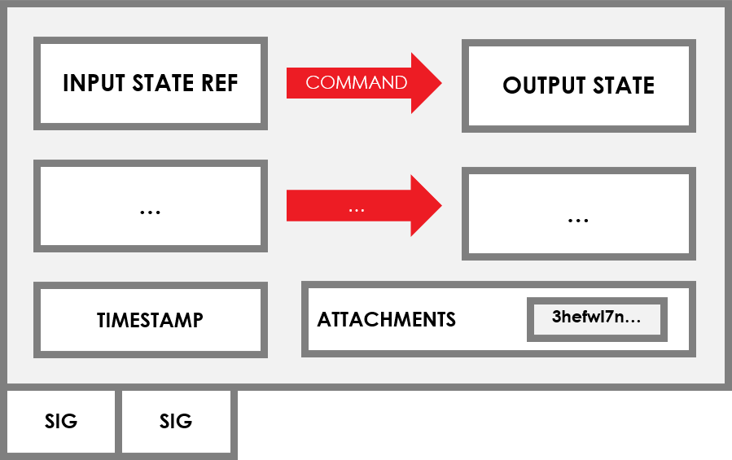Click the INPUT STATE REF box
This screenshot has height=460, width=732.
coord(151,83)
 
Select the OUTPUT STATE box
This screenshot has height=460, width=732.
coord(579,85)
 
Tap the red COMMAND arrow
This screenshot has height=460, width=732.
coord(362,82)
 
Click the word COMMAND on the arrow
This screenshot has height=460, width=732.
coord(356,82)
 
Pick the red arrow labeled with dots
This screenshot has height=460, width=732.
coord(362,207)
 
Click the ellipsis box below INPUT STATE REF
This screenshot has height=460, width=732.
coord(151,207)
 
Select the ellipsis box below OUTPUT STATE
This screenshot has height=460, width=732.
coord(579,214)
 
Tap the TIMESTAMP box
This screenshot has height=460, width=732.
coord(151,320)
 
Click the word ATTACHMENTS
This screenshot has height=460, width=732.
coord(387,319)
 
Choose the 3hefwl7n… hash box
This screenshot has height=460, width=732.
coord(597,318)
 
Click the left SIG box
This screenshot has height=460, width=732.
coord(61,421)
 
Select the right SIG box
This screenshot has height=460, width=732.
coord(176,421)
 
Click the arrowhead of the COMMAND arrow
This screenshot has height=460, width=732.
coord(425,82)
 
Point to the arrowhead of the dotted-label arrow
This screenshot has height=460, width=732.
coord(425,207)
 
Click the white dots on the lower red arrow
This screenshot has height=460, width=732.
coord(356,209)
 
